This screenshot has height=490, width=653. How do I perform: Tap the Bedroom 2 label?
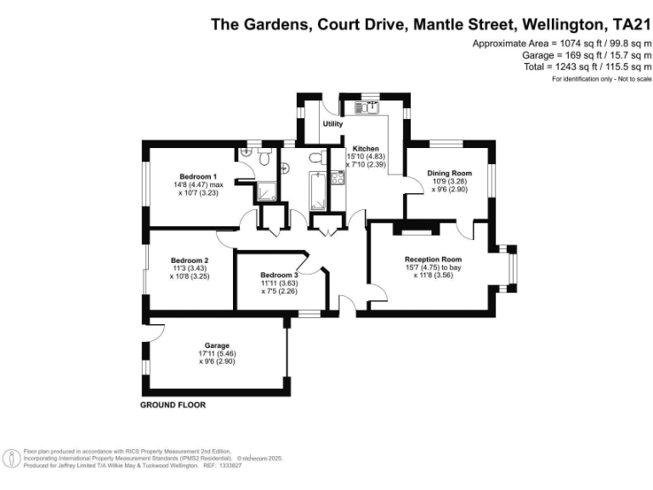(x=189, y=260)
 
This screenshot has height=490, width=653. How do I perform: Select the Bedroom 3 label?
(x=279, y=276)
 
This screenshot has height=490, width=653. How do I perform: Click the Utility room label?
(x=332, y=125)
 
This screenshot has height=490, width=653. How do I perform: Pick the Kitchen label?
(x=355, y=148)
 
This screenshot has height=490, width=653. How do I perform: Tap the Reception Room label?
(x=433, y=259)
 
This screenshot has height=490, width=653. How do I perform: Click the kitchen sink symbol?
(x=372, y=107)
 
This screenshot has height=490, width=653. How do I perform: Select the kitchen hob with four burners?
(x=337, y=178)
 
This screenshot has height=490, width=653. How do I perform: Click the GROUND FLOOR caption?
(x=173, y=405)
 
